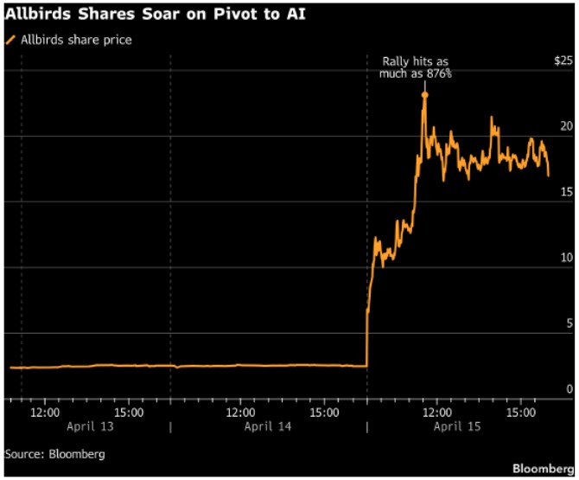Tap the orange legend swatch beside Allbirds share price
point(11,40)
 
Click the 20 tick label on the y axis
point(566,126)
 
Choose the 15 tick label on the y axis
point(566,192)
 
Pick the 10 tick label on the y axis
point(566,258)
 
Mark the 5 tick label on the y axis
point(569,323)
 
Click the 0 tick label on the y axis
point(569,388)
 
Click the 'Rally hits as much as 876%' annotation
point(416,68)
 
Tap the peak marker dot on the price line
point(424,94)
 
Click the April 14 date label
point(269,426)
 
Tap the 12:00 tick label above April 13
point(46,413)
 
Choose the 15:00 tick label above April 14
point(324,413)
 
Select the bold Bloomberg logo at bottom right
point(543,468)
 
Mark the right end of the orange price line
point(548,175)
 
